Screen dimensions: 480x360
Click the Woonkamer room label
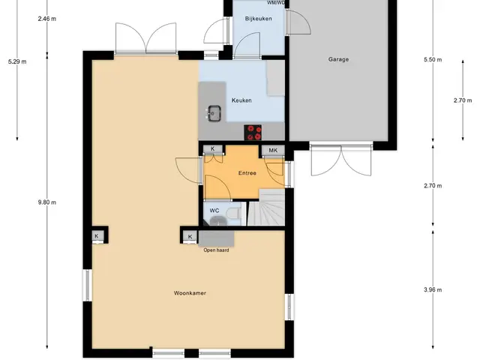pyautogui.click(x=190, y=293)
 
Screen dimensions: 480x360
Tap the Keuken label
pyautogui.click(x=241, y=100)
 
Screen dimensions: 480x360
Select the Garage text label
pyautogui.click(x=338, y=59)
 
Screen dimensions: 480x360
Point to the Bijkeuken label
pyautogui.click(x=258, y=19)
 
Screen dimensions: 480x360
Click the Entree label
pyautogui.click(x=247, y=173)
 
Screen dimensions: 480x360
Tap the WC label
pyautogui.click(x=214, y=211)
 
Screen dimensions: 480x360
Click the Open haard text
pyautogui.click(x=216, y=250)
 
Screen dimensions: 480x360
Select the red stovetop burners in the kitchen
pyautogui.click(x=253, y=133)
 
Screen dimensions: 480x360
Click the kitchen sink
pyautogui.click(x=214, y=113)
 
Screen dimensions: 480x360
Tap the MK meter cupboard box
pyautogui.click(x=273, y=150)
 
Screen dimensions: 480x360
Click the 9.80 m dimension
pyautogui.click(x=46, y=202)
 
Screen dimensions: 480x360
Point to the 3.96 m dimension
pyautogui.click(x=433, y=289)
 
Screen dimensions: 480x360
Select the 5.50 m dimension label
pyautogui.click(x=433, y=60)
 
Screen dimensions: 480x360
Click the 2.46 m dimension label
pyautogui.click(x=46, y=19)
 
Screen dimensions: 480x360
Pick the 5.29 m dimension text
pyautogui.click(x=17, y=61)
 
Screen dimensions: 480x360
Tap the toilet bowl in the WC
pyautogui.click(x=235, y=212)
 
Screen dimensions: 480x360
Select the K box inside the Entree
pyautogui.click(x=213, y=149)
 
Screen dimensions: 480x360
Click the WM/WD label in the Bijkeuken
pyautogui.click(x=276, y=3)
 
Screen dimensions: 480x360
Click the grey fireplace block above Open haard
pyautogui.click(x=216, y=238)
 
